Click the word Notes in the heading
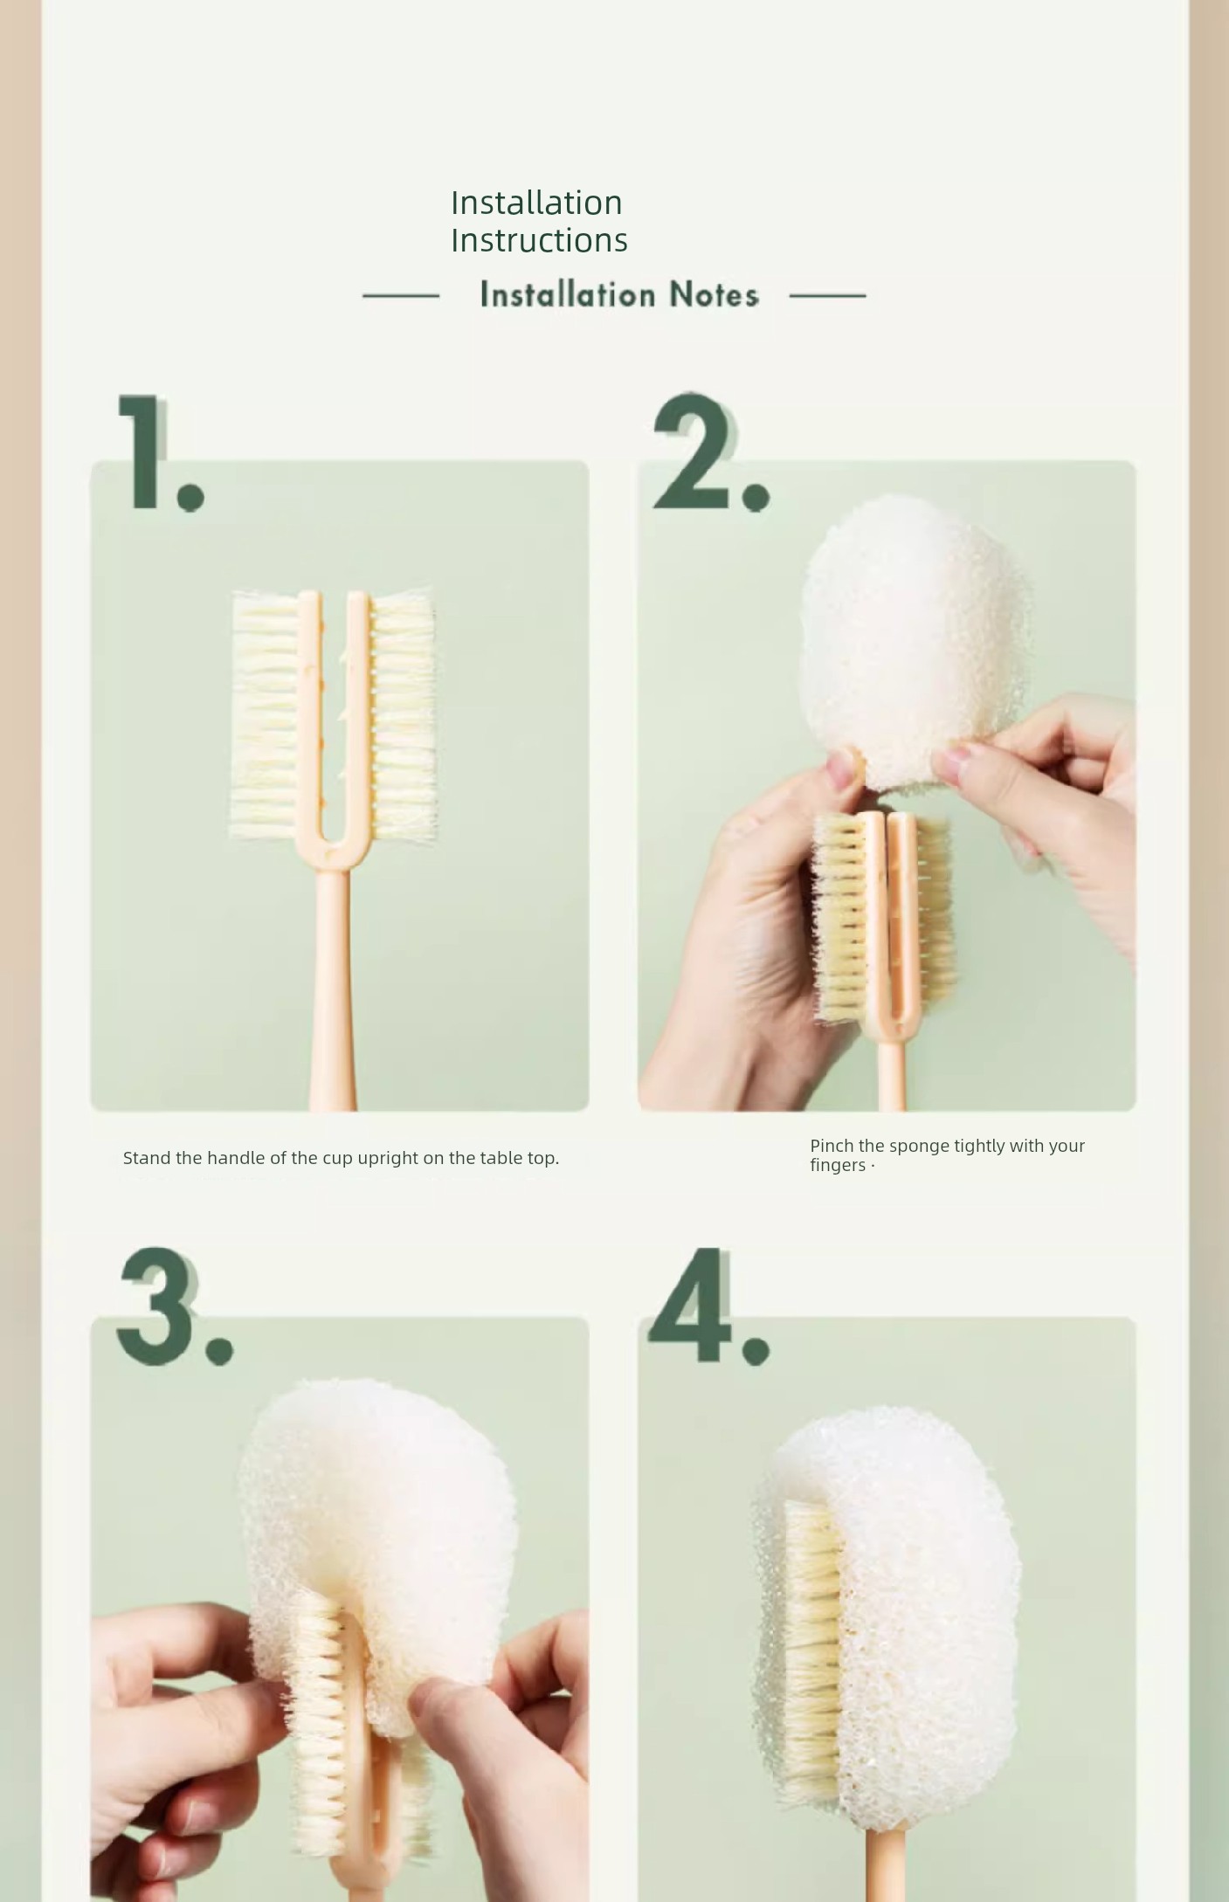pos(714,295)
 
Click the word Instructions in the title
pos(539,240)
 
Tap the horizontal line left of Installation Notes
pos(401,296)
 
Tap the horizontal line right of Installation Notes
pos(827,296)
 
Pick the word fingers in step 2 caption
pos(839,1166)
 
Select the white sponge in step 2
pos(913,642)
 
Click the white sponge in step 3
pos(376,1537)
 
